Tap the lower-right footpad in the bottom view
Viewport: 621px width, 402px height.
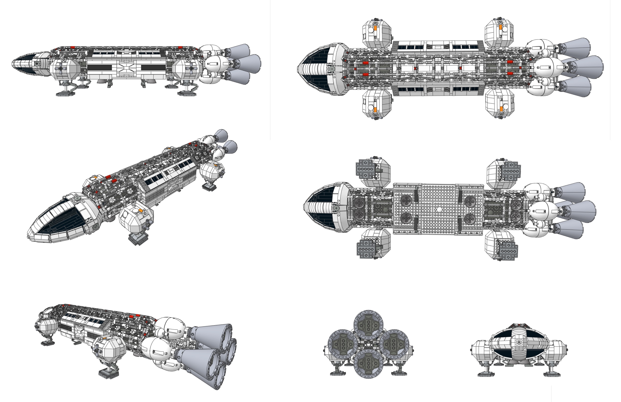(x=508, y=251)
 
